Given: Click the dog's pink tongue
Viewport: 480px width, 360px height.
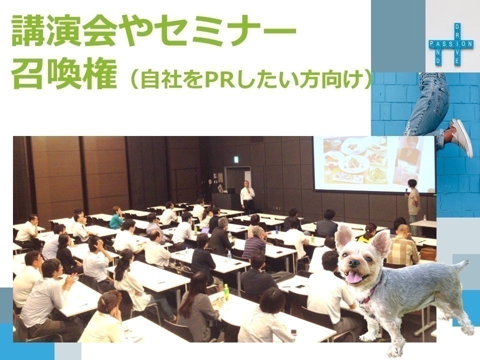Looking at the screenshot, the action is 354,277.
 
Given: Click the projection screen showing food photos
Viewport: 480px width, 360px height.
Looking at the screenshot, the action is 374,164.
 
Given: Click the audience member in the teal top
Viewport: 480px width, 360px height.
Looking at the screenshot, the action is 116,218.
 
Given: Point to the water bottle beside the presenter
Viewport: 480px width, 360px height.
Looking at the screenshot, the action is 425,217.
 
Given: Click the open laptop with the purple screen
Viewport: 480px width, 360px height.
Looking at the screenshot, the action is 205,230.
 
